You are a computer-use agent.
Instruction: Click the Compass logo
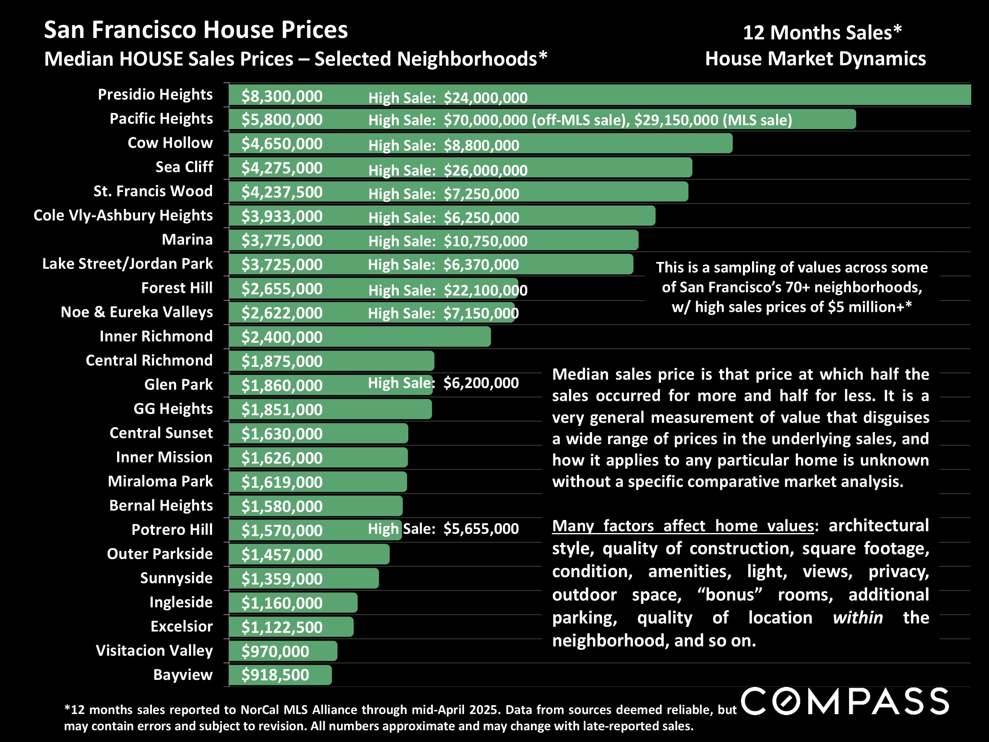click(845, 701)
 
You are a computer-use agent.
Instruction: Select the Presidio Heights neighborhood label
click(155, 94)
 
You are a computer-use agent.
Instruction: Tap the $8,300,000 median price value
click(282, 96)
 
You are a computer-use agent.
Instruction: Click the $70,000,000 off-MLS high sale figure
click(485, 120)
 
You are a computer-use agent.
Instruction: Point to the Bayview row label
click(182, 674)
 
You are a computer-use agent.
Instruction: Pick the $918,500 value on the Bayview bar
click(275, 675)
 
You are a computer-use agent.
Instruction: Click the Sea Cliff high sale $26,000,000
click(485, 171)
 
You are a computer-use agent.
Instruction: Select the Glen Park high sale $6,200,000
click(481, 383)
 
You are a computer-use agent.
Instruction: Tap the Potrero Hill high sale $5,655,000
click(481, 529)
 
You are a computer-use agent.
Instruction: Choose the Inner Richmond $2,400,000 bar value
click(282, 337)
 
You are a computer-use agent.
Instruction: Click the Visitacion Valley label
click(154, 650)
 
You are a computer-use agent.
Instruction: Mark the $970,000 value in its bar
click(275, 651)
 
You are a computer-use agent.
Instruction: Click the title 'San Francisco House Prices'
click(196, 30)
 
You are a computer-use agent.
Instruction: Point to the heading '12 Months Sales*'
click(822, 33)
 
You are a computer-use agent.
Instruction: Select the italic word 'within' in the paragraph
click(858, 618)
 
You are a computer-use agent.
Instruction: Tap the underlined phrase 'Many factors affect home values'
click(683, 526)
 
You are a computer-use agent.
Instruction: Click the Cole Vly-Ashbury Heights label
click(123, 215)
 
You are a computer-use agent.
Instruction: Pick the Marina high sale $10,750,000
click(485, 241)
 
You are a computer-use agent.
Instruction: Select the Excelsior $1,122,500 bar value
click(282, 627)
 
